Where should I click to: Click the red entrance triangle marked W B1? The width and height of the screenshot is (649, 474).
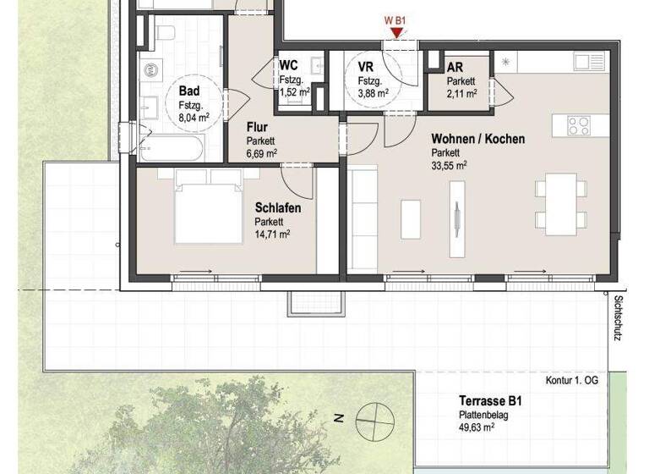(x=395, y=32)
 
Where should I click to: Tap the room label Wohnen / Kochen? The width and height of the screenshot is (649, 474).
(x=477, y=139)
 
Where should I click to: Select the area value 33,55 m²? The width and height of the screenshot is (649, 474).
(x=450, y=167)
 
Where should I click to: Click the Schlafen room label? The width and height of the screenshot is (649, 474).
(x=278, y=207)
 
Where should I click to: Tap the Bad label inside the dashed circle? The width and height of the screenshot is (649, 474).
(x=188, y=91)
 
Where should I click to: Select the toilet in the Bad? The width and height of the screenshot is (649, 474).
(x=166, y=34)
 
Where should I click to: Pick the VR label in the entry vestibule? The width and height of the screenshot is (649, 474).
(x=366, y=66)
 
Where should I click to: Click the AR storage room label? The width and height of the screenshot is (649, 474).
(x=455, y=66)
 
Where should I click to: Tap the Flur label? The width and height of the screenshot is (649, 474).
(x=257, y=128)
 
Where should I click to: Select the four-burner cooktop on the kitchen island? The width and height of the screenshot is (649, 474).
(x=579, y=125)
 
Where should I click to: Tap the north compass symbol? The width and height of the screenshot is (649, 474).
(x=373, y=417)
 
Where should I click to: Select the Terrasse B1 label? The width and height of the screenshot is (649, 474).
(x=488, y=400)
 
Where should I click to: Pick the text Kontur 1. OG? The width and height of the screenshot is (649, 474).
(x=572, y=381)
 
